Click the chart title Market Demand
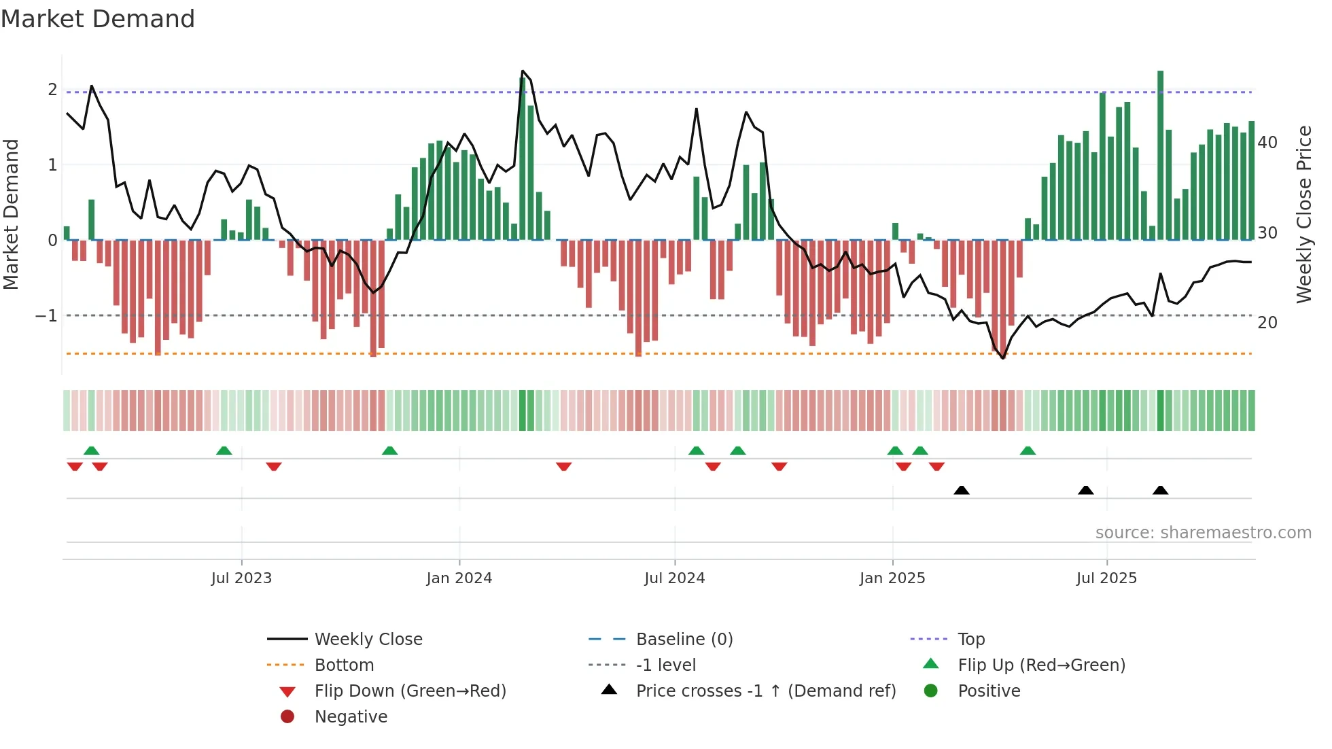(98, 19)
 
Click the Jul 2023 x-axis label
(241, 578)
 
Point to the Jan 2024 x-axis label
(459, 578)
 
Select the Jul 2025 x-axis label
(1106, 578)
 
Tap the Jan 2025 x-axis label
(892, 578)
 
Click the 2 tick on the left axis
(52, 90)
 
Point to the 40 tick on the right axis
(1267, 143)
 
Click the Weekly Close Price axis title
(1303, 214)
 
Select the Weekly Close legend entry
(368, 640)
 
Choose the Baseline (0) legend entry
(684, 640)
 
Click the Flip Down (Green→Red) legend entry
(410, 691)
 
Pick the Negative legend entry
(351, 717)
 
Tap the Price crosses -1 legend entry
(765, 691)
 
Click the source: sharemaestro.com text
(1203, 533)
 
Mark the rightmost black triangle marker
(1160, 490)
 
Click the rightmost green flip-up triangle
(1028, 451)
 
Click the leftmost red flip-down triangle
(75, 466)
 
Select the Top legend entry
(970, 640)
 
